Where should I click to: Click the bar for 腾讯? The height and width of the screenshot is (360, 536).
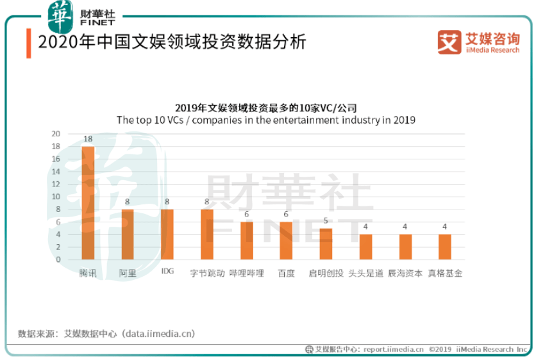pyautogui.click(x=88, y=203)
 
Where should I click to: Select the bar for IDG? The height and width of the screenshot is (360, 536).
pyautogui.click(x=167, y=234)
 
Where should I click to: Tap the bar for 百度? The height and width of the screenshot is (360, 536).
pyautogui.click(x=286, y=241)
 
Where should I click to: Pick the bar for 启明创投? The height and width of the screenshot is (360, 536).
pyautogui.click(x=326, y=244)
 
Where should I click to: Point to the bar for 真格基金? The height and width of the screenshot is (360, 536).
pyautogui.click(x=445, y=247)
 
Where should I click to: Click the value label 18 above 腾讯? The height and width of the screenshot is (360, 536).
pyautogui.click(x=88, y=139)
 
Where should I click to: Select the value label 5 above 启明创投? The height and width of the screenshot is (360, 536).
pyautogui.click(x=326, y=221)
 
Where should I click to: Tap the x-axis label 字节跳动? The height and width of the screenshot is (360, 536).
pyautogui.click(x=207, y=273)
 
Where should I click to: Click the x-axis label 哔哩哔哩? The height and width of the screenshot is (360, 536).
pyautogui.click(x=246, y=273)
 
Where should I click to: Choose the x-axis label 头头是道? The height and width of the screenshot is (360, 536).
pyautogui.click(x=365, y=273)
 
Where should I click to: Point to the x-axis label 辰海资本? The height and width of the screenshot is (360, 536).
pyautogui.click(x=405, y=273)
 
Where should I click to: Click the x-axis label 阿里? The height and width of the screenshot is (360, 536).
pyautogui.click(x=128, y=273)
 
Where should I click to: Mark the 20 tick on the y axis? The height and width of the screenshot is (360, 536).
pyautogui.click(x=56, y=134)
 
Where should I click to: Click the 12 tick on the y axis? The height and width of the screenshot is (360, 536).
pyautogui.click(x=56, y=184)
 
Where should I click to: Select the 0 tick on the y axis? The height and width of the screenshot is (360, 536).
pyautogui.click(x=58, y=260)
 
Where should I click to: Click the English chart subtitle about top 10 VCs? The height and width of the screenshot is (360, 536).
pyautogui.click(x=266, y=120)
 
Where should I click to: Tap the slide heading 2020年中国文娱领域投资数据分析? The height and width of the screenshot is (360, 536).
pyautogui.click(x=172, y=43)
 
